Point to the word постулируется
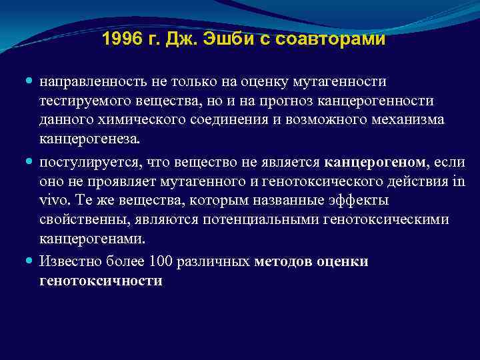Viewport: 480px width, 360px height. (x=82, y=163)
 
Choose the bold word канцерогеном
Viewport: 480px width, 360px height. (x=375, y=163)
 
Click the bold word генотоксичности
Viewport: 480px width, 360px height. (x=101, y=281)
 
